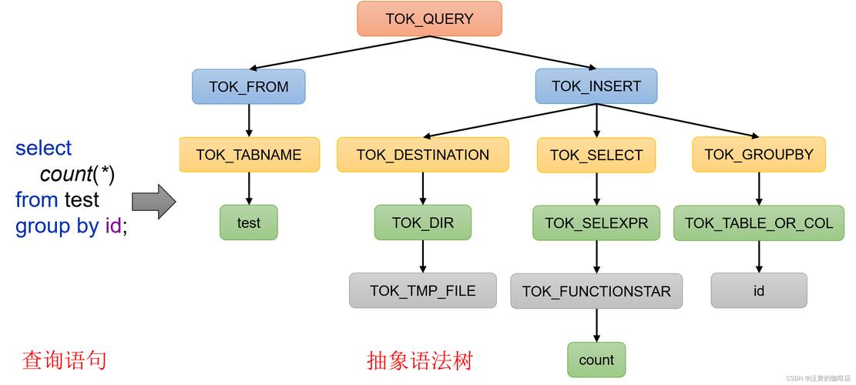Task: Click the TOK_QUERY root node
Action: (x=429, y=18)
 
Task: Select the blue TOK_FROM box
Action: (x=249, y=87)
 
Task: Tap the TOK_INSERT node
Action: (x=596, y=86)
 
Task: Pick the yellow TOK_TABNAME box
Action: (x=249, y=155)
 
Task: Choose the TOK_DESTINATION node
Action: (x=422, y=155)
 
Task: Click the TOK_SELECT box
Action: (x=596, y=155)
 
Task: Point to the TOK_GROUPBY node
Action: (x=758, y=154)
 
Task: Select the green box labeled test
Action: (x=249, y=223)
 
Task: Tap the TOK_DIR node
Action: (x=422, y=223)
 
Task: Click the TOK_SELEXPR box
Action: (x=596, y=223)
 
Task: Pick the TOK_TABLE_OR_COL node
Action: (x=758, y=223)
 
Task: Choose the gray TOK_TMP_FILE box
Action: (x=422, y=290)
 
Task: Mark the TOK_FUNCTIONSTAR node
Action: (x=596, y=291)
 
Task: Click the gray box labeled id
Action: (x=758, y=290)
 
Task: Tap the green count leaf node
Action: (x=596, y=360)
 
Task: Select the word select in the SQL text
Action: (x=43, y=148)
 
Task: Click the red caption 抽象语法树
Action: (x=419, y=360)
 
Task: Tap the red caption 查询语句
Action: (x=64, y=360)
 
